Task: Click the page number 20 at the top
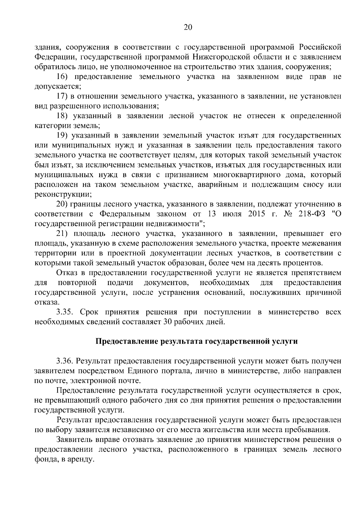[188, 28]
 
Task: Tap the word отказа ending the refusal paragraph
[45, 302]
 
